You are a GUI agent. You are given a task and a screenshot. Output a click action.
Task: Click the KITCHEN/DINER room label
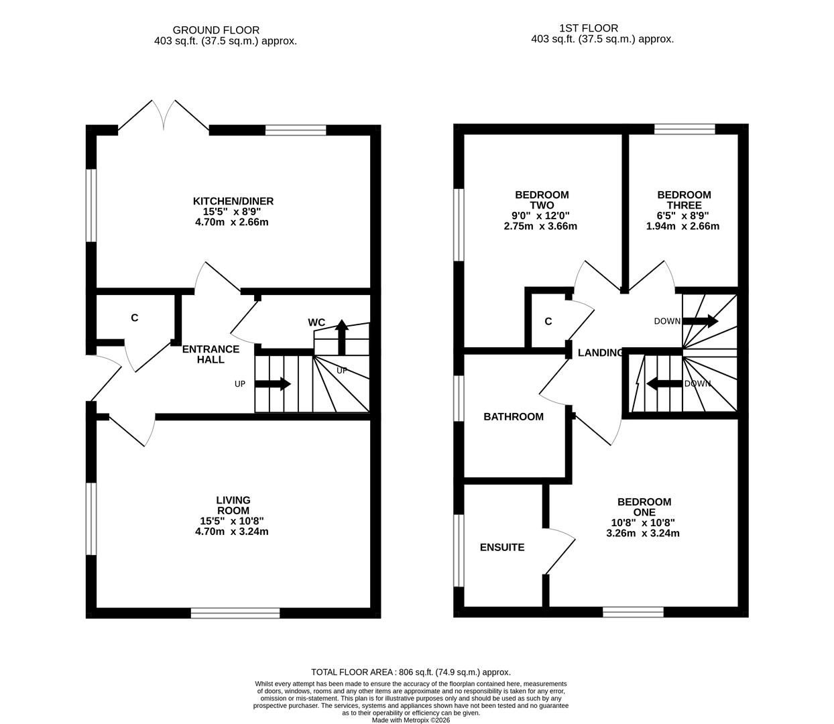[x=233, y=201]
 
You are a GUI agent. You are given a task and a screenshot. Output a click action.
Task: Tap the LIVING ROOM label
[x=233, y=505]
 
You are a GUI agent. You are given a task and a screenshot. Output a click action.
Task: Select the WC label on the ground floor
[x=316, y=322]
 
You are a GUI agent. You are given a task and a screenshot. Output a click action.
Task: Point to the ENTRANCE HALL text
[x=211, y=354]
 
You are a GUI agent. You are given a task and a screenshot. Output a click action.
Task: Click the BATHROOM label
[x=514, y=416]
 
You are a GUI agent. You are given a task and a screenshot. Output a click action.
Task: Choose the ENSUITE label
[x=502, y=547]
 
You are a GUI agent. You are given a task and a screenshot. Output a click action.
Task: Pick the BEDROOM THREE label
[x=684, y=200]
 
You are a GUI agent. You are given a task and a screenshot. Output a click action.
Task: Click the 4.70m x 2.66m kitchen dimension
[x=233, y=222]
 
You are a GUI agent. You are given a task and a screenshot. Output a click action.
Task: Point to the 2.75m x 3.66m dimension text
[x=540, y=226]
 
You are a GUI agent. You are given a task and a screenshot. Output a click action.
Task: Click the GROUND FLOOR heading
[x=216, y=30]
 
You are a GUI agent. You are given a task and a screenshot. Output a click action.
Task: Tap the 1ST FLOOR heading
[x=589, y=28]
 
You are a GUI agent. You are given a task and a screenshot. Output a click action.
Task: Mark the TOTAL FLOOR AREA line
[x=411, y=672]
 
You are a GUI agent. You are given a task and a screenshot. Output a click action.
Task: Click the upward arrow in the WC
[x=342, y=337]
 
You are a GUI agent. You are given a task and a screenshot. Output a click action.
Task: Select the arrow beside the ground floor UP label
[x=273, y=384]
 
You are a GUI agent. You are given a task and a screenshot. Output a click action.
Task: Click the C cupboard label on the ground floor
[x=135, y=318]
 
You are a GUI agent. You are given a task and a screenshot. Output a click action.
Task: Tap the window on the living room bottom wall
[x=235, y=613]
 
